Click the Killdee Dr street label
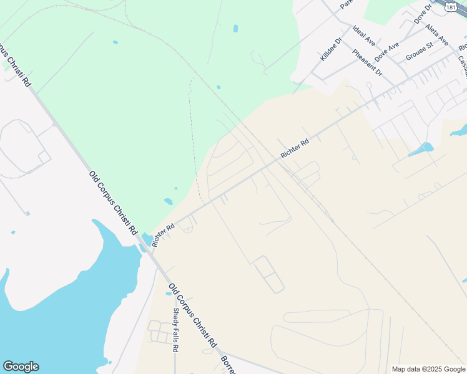(332, 49)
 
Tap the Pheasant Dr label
(366, 62)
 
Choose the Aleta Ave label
(436, 36)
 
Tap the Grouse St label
(419, 50)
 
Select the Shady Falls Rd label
(176, 329)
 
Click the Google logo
(21, 367)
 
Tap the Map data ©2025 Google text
(428, 369)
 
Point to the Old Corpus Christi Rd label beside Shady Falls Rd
(192, 315)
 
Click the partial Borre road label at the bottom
(227, 365)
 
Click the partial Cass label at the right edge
(462, 62)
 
